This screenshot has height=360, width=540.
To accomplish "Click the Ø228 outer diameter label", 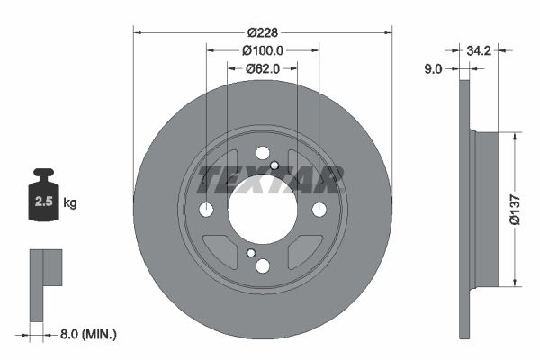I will coord(263,32).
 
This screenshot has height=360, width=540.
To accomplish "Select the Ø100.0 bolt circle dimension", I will coord(263,50).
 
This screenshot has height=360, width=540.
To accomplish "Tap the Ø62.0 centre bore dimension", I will coord(263,67).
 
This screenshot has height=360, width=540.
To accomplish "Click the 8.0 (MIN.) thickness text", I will coord(87,334).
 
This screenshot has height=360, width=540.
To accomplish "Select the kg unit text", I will coord(70,203).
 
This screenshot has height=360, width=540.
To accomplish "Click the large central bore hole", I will coord(262,210).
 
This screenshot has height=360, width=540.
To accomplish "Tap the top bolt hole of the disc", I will coord(262,153).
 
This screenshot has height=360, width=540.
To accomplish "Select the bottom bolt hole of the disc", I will coord(262,265).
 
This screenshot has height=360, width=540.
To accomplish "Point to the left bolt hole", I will coord(205,210).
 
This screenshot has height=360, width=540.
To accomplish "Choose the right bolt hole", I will coord(319,210).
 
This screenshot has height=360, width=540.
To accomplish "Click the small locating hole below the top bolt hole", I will coord(274,165).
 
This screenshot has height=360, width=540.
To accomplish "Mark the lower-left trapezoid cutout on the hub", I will coord(220,251).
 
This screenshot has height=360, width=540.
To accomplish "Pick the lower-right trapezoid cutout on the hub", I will coord(304,251).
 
